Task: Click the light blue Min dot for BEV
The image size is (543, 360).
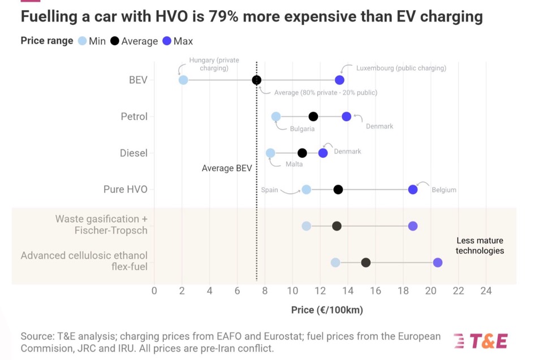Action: (183, 80)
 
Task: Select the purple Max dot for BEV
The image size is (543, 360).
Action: (339, 80)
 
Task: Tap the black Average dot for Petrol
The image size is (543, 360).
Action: (313, 117)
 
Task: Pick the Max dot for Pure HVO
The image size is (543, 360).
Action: (413, 190)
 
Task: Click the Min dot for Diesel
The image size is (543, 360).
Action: (270, 153)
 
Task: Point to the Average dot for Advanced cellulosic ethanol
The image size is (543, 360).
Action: (366, 263)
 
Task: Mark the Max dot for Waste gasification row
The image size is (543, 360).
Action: (413, 226)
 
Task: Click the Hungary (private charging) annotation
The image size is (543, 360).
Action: (214, 64)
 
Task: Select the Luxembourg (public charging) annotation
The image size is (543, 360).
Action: (401, 68)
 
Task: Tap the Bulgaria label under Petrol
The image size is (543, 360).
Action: (302, 129)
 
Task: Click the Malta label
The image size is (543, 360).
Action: (294, 164)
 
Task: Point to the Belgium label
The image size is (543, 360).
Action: (444, 190)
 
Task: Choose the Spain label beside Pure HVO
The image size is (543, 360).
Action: (269, 190)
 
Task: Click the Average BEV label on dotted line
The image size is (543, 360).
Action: (227, 168)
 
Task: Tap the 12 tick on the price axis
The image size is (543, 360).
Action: (320, 291)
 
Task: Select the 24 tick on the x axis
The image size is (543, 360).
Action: (486, 291)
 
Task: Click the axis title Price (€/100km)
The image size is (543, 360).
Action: (327, 310)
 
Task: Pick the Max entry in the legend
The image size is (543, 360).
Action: (178, 41)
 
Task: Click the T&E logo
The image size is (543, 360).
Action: (481, 340)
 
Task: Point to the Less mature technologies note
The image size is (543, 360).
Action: (480, 246)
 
